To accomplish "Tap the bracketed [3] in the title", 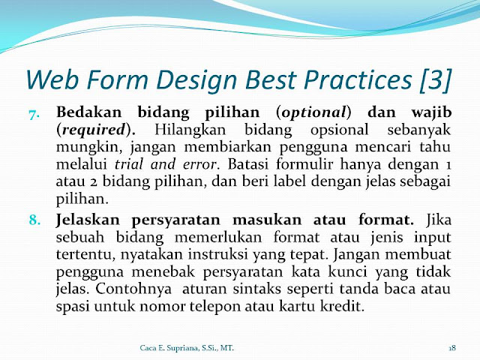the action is [436, 80].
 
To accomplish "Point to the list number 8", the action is [34, 220].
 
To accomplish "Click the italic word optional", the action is [313, 112].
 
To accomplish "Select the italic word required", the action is [94, 130].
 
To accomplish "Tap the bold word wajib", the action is [431, 112].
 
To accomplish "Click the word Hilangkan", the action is [190, 130].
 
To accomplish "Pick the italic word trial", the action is [128, 164].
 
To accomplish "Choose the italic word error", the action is [199, 165].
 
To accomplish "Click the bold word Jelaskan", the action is [88, 220].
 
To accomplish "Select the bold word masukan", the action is [267, 220].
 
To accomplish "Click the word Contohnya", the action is [133, 289].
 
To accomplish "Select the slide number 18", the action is [452, 348].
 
